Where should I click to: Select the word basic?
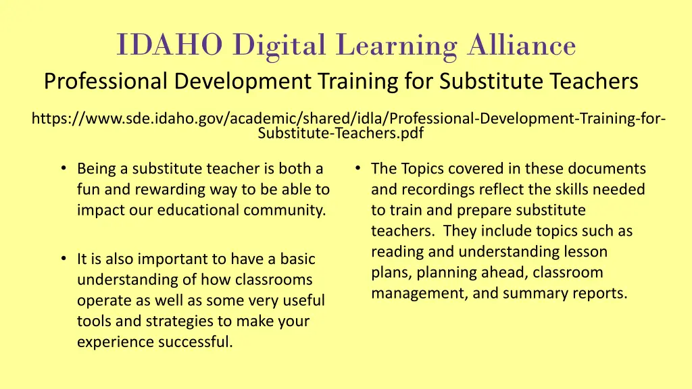pos(297,259)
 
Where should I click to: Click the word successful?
pos(195,342)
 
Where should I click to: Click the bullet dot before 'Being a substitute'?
pos(62,168)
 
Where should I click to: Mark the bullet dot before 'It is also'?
pos(62,259)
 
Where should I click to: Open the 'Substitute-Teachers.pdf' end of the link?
pos(341,133)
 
